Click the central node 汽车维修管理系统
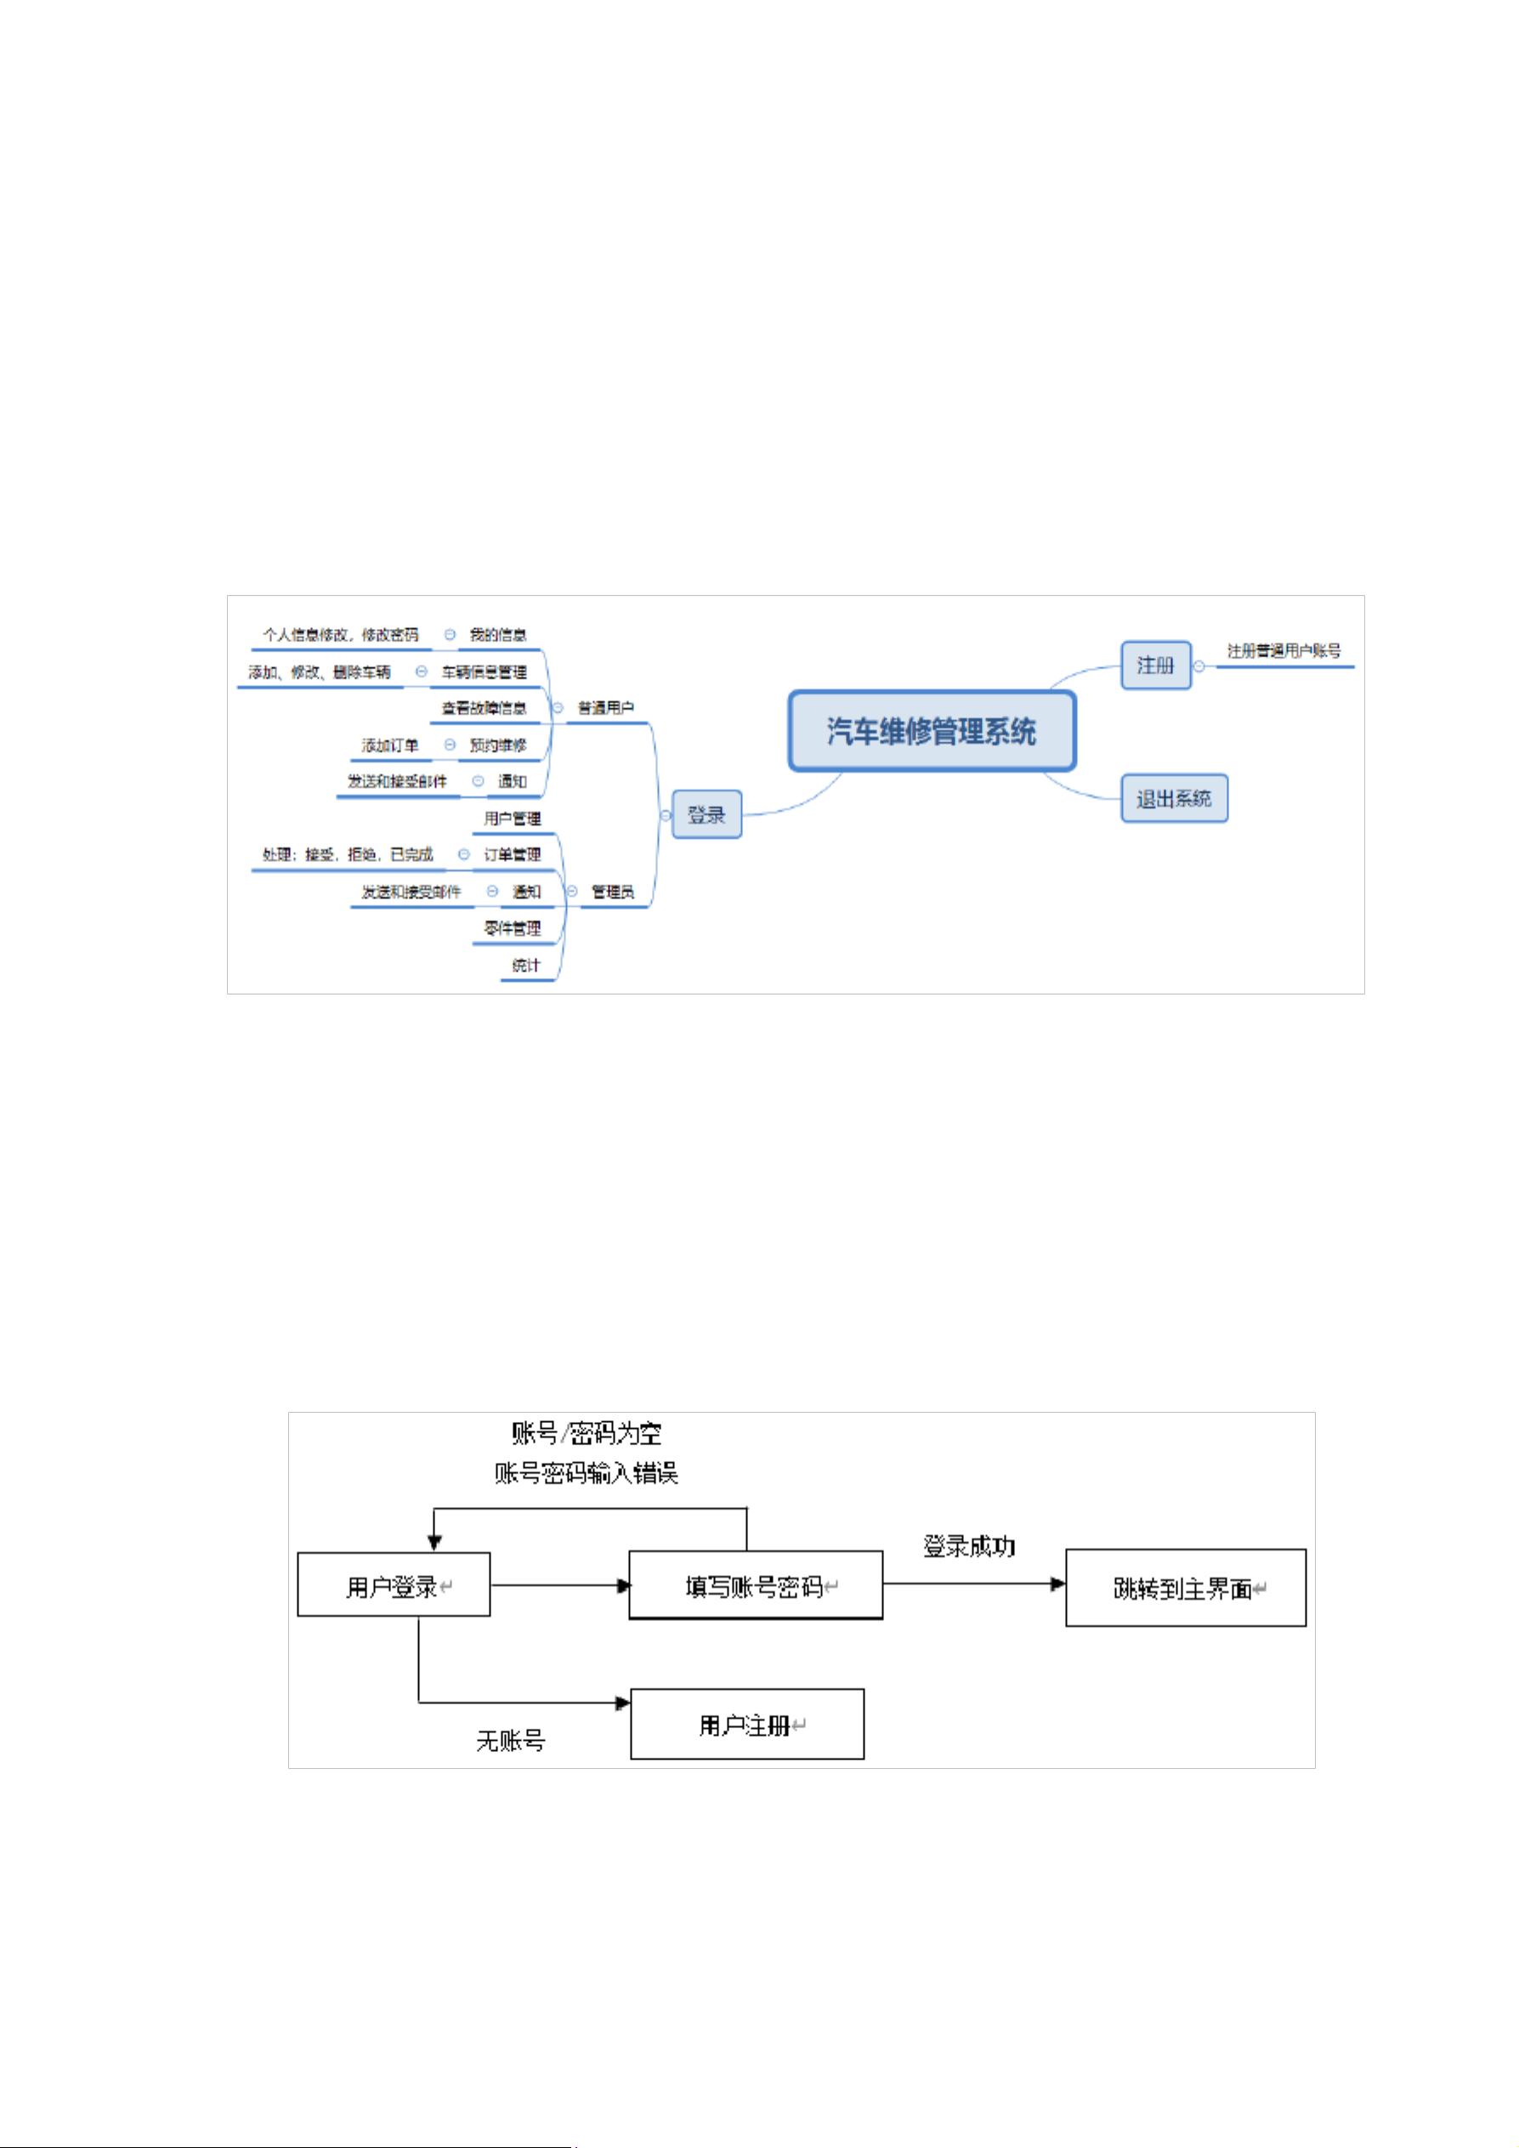click(932, 731)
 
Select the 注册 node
click(1155, 666)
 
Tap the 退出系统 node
click(1174, 799)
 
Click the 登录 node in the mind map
click(706, 815)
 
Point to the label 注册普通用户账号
click(1284, 651)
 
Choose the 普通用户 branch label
click(605, 708)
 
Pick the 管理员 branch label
click(613, 893)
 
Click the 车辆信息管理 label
click(484, 672)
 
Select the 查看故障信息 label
click(484, 708)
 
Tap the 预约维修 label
click(497, 745)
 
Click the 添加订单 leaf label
click(390, 745)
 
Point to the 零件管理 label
click(512, 929)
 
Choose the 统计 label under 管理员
click(525, 966)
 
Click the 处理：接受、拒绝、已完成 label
click(347, 854)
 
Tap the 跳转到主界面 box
click(1185, 1589)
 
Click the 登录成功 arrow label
click(969, 1546)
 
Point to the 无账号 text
click(510, 1741)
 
